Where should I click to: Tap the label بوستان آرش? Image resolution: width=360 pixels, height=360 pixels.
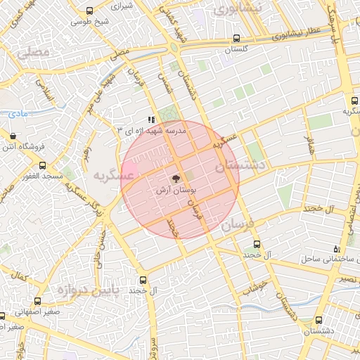(176, 190)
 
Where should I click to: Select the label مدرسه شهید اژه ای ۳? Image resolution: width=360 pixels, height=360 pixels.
(150, 131)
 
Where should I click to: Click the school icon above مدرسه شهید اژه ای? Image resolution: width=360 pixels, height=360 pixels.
(151, 120)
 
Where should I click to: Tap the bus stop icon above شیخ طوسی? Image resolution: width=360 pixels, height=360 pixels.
(89, 11)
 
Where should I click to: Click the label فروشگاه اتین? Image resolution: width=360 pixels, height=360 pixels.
(22, 146)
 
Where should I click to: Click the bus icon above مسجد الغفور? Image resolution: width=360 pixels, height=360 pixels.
(43, 165)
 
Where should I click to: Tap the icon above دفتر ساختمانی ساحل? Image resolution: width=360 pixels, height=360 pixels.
(337, 249)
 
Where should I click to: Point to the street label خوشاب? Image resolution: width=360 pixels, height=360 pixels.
(255, 283)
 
